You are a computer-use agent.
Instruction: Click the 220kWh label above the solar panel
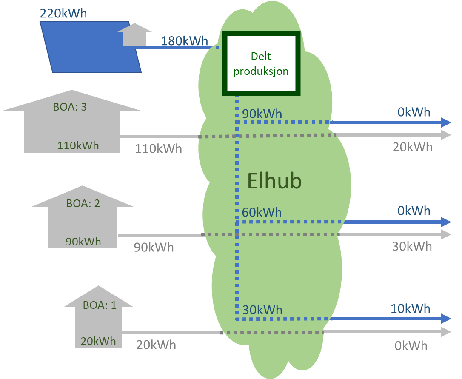[63, 13]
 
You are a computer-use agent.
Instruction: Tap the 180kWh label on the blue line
[184, 41]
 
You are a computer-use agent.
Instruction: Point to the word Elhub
[274, 181]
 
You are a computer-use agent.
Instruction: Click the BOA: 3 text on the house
[70, 107]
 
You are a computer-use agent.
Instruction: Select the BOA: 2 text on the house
[83, 203]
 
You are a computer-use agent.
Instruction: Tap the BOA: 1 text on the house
[99, 305]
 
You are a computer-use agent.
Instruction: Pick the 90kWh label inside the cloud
[262, 114]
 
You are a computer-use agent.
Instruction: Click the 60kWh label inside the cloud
[262, 212]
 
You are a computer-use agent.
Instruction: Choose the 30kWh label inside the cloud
[262, 310]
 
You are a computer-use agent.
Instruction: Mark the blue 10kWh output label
[411, 308]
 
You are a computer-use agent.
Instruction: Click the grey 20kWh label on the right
[412, 147]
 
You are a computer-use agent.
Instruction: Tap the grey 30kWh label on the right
[412, 247]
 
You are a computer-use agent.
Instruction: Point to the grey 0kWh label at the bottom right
[411, 345]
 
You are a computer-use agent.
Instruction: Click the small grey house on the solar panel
[134, 35]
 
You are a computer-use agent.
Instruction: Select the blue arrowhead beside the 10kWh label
[446, 319]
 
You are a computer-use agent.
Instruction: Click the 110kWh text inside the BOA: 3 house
[78, 146]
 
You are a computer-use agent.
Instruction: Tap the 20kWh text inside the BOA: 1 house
[98, 341]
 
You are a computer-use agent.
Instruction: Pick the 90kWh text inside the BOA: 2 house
[83, 242]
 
